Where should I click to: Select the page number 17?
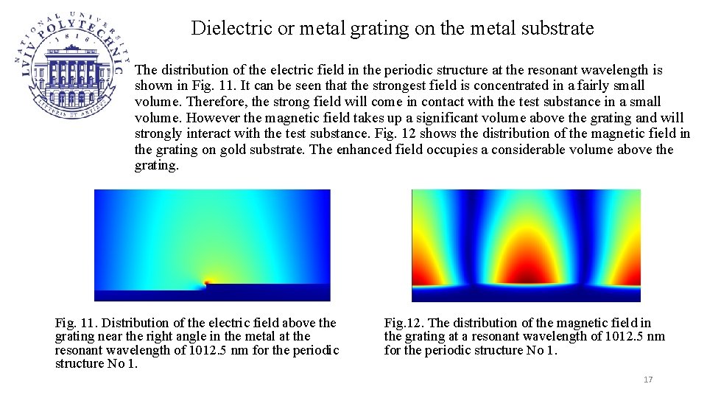tap(648, 380)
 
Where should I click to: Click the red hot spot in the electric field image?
tap(208, 281)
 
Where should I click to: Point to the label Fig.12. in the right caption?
tap(404, 323)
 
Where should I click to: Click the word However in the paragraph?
tap(214, 118)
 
